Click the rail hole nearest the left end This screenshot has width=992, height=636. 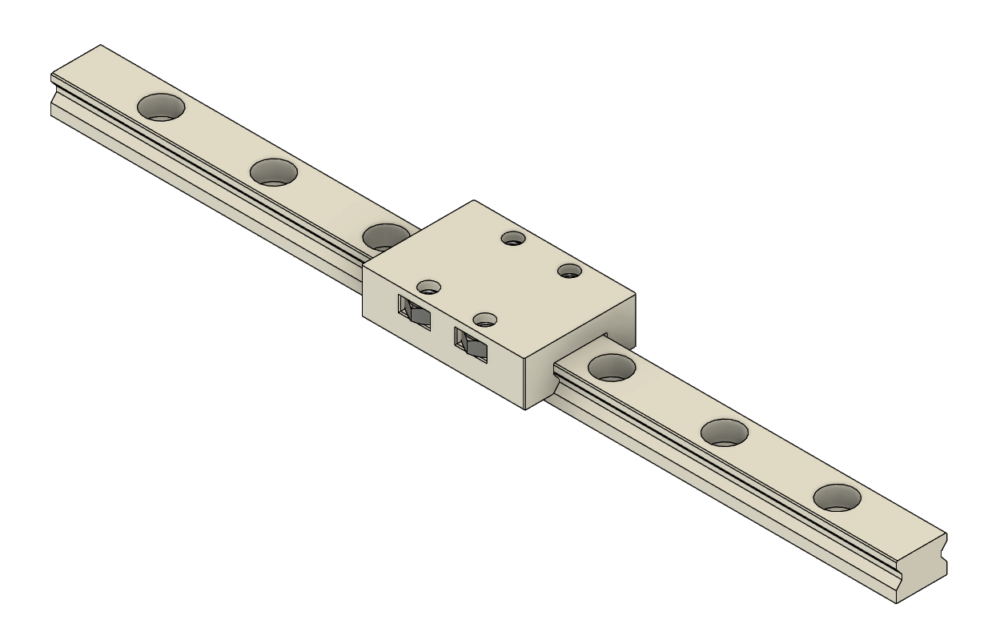[161, 106]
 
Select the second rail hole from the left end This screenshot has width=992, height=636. [274, 171]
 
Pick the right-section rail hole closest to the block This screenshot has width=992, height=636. [612, 367]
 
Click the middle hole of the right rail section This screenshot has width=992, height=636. [725, 433]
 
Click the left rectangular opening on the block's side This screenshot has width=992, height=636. [415, 311]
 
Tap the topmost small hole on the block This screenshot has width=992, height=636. [512, 237]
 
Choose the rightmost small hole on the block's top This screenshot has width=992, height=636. [568, 270]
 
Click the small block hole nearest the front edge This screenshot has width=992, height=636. [484, 320]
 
